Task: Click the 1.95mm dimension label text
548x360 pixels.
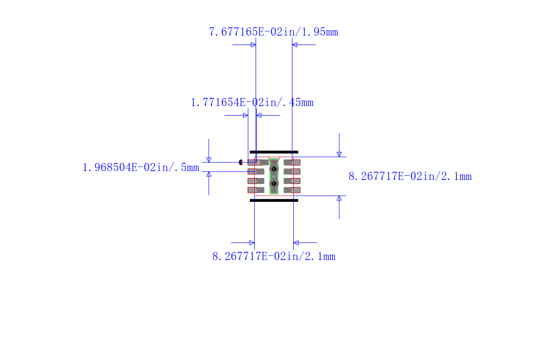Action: tap(273, 32)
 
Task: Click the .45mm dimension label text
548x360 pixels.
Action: tap(252, 103)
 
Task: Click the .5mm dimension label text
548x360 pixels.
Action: tap(141, 168)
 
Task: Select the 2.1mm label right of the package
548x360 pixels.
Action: tap(410, 177)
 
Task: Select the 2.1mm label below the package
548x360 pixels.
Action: tap(273, 257)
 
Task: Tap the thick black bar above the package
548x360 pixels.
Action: tap(274, 152)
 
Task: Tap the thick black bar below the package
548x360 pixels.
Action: tap(274, 201)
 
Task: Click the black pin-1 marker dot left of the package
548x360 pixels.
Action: tap(240, 162)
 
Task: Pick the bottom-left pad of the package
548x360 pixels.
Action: tap(256, 190)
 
